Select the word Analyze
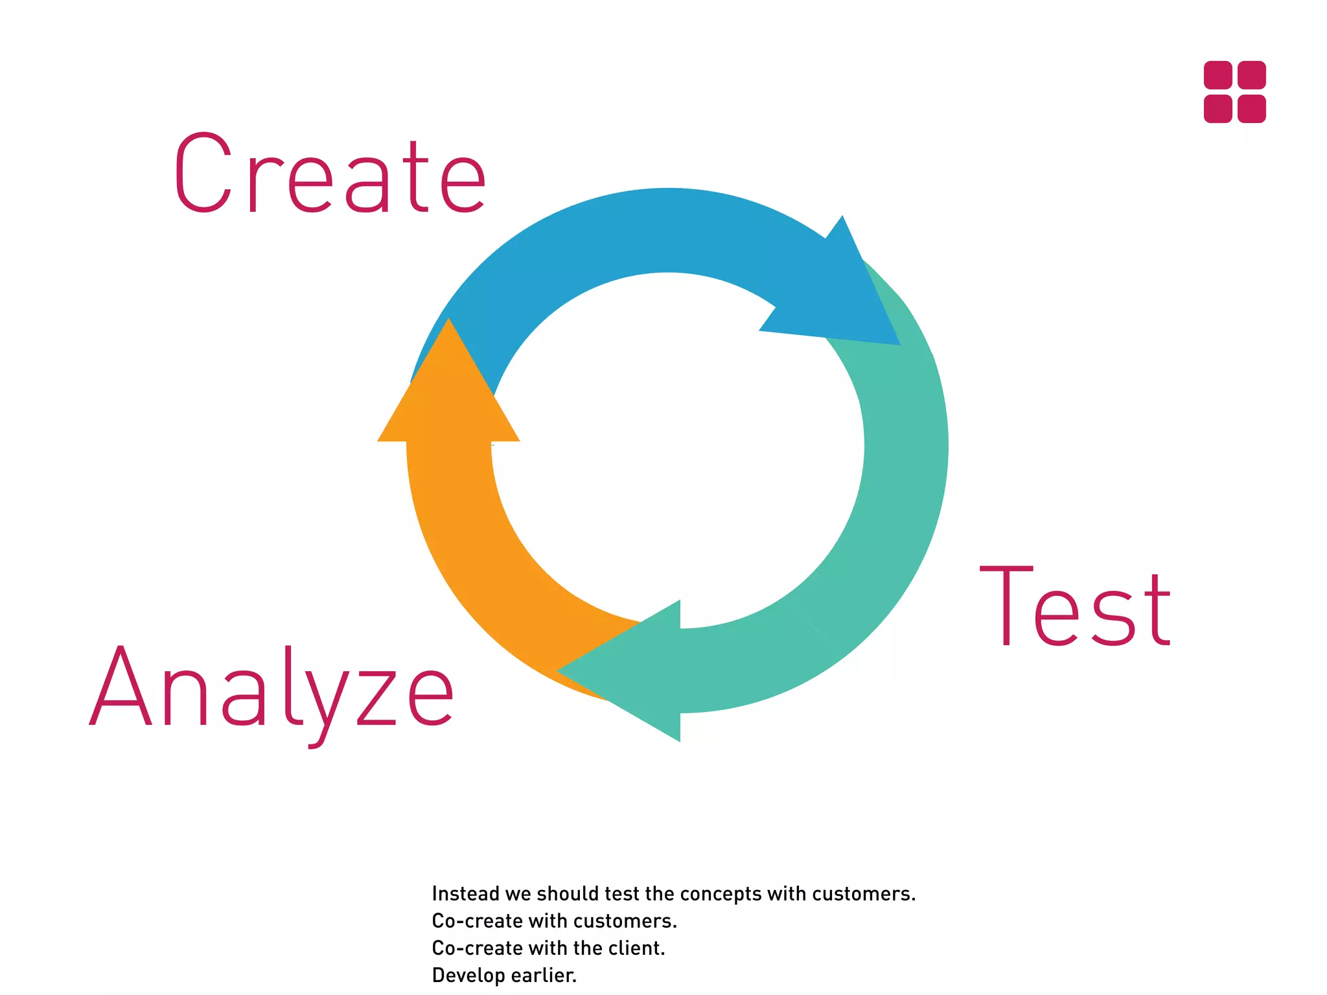[x=272, y=688]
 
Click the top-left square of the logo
[x=1217, y=75]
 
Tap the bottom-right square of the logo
[x=1251, y=108]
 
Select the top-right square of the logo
[x=1251, y=75]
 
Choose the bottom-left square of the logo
[x=1217, y=108]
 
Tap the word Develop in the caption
[x=468, y=976]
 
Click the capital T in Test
[x=1006, y=605]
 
